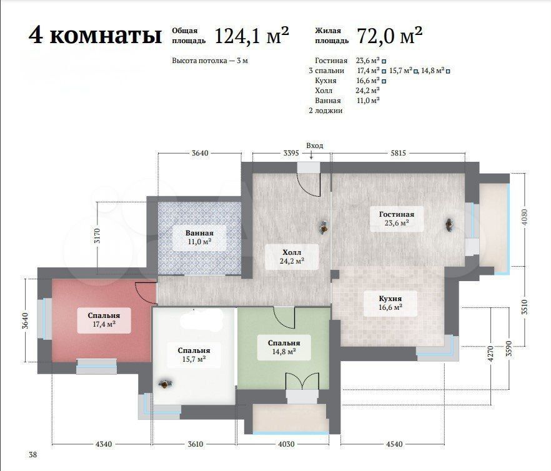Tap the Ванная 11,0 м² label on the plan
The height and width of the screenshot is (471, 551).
coord(199,237)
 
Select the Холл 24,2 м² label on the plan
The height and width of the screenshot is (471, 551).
coord(292,257)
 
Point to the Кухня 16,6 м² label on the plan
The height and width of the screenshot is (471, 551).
coord(390,302)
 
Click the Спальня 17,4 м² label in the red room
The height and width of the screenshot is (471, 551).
coord(104,320)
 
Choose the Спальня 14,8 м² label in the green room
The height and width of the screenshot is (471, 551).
coord(284,347)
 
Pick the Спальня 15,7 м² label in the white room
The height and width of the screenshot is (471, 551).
coord(194,355)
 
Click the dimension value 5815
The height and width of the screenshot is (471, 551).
coord(398,153)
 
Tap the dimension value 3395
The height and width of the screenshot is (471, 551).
coord(291,153)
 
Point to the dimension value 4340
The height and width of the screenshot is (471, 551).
coord(104,444)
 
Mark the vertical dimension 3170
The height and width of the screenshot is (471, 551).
coord(97,235)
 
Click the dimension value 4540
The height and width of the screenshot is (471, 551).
coord(394,444)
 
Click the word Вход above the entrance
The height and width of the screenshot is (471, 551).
coord(314,146)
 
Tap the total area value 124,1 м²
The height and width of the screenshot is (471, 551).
coord(251,35)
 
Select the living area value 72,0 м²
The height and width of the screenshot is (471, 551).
coord(390,35)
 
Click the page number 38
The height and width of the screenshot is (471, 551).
coord(32,455)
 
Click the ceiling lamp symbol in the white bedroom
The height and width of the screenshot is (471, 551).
coord(164,384)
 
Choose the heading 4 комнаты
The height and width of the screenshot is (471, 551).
coord(95,36)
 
